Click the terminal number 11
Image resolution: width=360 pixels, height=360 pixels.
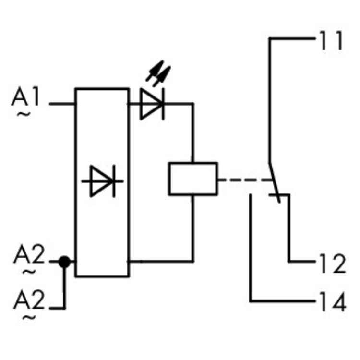(331, 41)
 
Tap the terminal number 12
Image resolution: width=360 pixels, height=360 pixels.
(332, 263)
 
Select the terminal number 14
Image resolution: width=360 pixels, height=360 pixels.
(332, 302)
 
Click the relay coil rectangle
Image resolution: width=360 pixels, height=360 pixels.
(193, 179)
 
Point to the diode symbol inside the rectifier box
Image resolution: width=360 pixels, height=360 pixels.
(102, 181)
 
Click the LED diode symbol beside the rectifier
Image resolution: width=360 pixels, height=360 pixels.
(152, 103)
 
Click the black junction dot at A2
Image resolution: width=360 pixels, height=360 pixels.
(64, 262)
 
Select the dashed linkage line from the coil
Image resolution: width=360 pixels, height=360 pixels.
(245, 180)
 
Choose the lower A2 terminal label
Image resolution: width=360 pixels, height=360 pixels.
(29, 300)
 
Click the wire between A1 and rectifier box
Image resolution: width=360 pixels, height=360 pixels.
(62, 103)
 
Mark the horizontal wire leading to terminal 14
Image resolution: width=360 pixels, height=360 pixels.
(283, 301)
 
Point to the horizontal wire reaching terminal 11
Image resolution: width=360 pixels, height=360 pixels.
(293, 38)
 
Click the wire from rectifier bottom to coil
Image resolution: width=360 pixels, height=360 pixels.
(161, 262)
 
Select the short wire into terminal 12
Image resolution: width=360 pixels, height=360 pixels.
(302, 262)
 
